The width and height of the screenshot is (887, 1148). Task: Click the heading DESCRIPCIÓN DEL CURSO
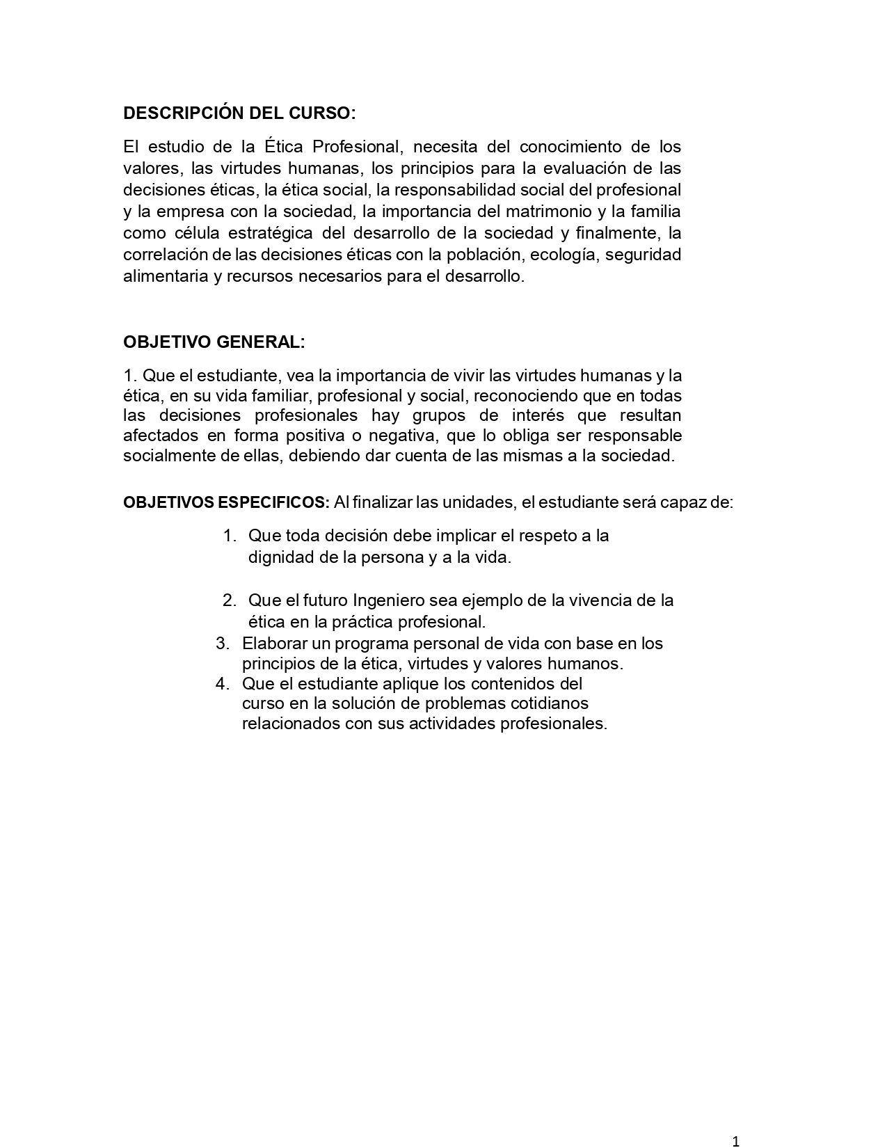point(239,113)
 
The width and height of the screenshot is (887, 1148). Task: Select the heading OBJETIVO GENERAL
point(214,342)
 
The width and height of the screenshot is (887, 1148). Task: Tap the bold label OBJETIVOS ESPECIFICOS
point(226,502)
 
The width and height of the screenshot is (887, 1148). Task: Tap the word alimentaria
point(165,276)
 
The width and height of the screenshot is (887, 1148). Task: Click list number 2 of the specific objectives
point(230,600)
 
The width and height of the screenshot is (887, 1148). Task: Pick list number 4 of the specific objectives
point(222,683)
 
